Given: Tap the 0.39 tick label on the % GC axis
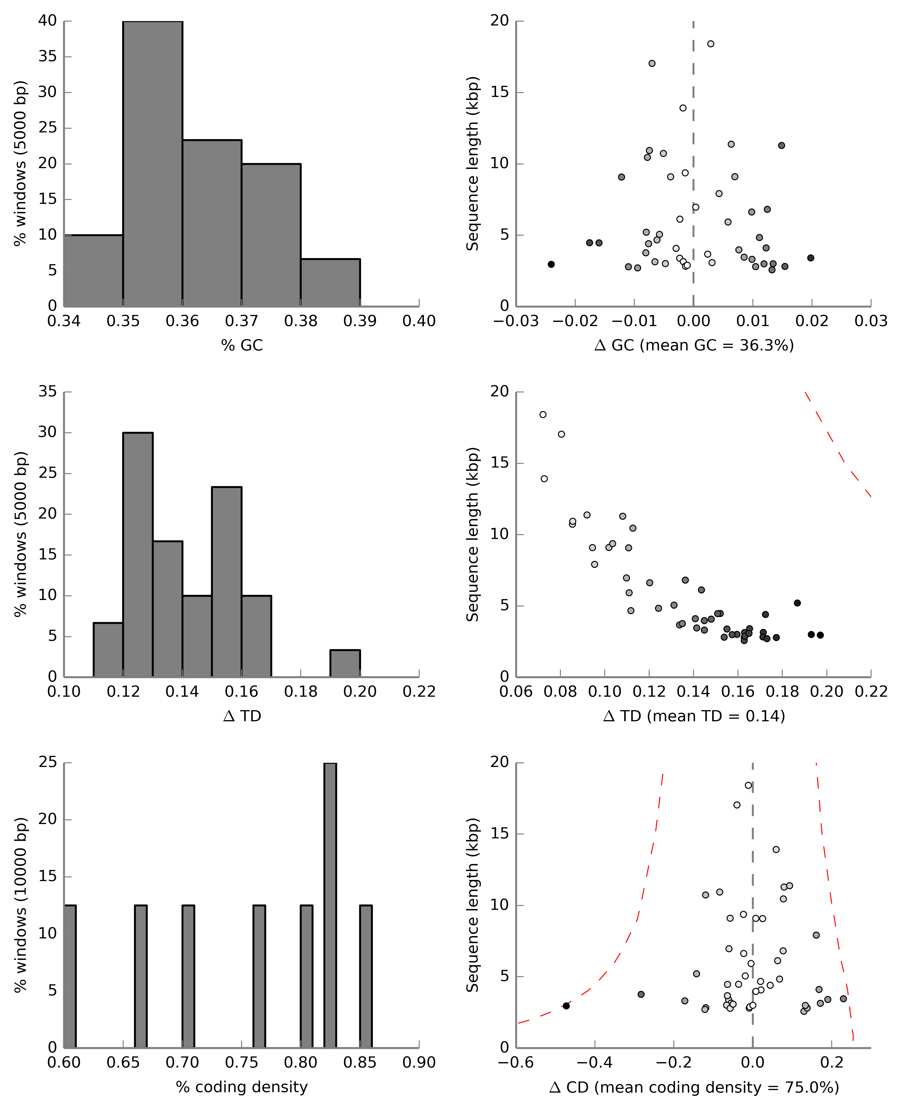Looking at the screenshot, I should (x=360, y=321).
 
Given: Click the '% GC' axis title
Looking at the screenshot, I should (x=242, y=345).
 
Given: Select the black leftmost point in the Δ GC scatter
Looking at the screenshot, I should (x=551, y=264).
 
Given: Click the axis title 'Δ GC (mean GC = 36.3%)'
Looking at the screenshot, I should (x=694, y=345).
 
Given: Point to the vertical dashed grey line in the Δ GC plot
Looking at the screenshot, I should (x=693, y=130).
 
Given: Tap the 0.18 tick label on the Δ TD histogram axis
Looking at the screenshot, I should (x=300, y=692).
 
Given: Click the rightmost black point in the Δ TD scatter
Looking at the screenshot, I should (x=820, y=635).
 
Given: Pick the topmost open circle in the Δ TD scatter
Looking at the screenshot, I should (x=543, y=414).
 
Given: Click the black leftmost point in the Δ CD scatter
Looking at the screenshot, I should (x=566, y=1006).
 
